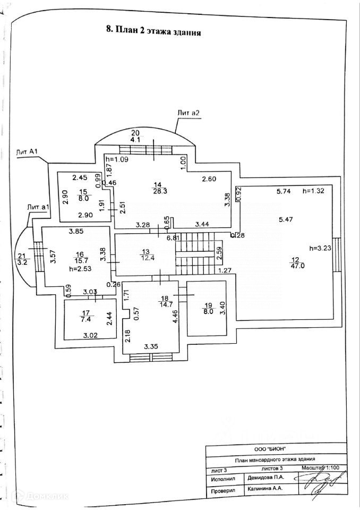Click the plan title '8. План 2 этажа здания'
pyautogui.click(x=154, y=31)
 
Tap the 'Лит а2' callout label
pyautogui.click(x=189, y=113)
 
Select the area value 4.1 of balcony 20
pyautogui.click(x=135, y=140)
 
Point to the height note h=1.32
pyautogui.click(x=312, y=191)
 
